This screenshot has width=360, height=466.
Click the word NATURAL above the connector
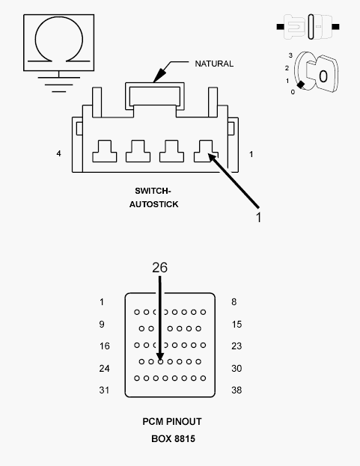click(x=214, y=64)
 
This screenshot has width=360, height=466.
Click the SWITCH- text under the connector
click(x=153, y=191)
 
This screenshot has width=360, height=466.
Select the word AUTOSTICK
click(x=153, y=204)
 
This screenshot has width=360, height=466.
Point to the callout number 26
click(x=160, y=268)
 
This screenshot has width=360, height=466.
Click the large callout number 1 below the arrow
click(x=259, y=218)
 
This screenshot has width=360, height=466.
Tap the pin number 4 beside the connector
click(x=58, y=153)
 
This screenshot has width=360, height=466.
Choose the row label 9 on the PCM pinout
click(x=102, y=324)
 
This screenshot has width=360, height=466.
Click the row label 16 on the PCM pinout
click(x=104, y=346)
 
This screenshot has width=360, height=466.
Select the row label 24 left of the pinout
click(x=104, y=369)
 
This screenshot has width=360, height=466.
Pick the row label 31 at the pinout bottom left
click(x=104, y=390)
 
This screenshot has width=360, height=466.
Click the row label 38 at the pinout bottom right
click(x=237, y=390)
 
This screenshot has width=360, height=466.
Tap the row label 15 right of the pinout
click(x=237, y=324)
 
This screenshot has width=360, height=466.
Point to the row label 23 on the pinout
click(x=237, y=346)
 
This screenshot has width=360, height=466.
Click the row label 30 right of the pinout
click(x=237, y=369)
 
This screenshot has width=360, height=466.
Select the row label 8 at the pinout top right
click(x=234, y=302)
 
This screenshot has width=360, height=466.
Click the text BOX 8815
click(x=174, y=438)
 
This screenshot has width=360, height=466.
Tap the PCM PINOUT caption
click(x=172, y=421)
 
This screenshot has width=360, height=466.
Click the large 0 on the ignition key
click(x=323, y=76)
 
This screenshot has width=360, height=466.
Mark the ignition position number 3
click(x=290, y=55)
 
